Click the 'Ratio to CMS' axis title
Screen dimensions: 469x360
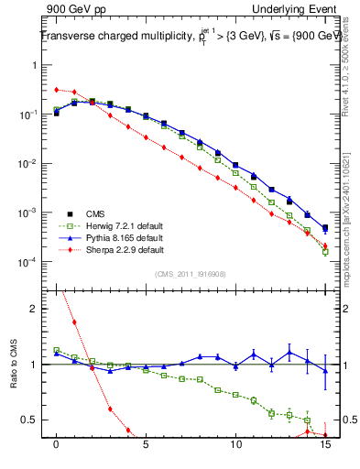point(15,379)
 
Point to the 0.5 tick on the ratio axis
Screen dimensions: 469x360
point(34,420)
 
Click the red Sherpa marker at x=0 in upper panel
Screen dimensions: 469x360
point(57,90)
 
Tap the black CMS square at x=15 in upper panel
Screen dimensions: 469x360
point(325,227)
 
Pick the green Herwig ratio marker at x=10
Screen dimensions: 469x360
point(235,396)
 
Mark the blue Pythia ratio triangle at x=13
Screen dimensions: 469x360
point(289,352)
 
